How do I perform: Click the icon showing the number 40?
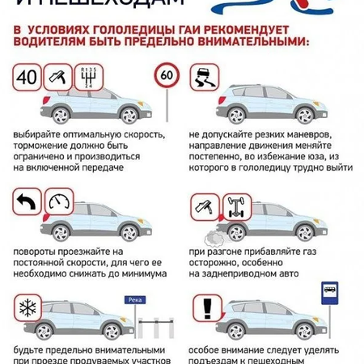(x=26, y=78)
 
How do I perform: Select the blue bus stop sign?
(x=329, y=292)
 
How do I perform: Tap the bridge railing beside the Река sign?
(x=157, y=327)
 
